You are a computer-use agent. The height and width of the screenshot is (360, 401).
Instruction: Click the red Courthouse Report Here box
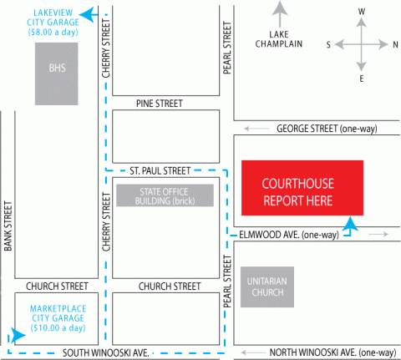coord(302,188)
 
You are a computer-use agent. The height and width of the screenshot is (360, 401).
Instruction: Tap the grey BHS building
coord(57,74)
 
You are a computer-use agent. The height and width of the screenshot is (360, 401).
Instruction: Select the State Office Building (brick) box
coord(165,195)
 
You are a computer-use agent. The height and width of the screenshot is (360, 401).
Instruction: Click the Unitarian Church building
coord(267,286)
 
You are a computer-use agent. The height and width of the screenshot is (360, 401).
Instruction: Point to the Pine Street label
coord(160,104)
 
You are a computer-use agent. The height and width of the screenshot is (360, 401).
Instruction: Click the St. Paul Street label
coord(160,170)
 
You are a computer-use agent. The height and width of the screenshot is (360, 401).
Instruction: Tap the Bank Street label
coord(8,226)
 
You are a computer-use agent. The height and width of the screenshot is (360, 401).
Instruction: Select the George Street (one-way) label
coord(327,129)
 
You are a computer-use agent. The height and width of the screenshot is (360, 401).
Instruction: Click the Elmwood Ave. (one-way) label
coord(289,235)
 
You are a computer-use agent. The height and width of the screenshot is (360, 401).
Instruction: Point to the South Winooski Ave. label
coord(106,353)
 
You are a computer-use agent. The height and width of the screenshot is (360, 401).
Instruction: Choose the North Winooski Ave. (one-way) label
coord(332,352)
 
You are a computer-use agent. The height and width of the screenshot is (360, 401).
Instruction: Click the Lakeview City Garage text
coord(53,23)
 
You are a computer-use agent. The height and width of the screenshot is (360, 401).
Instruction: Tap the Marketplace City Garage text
coord(58,318)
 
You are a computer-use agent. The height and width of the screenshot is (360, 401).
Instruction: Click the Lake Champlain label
coord(279,39)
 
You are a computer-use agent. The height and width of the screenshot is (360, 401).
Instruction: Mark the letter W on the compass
coord(362,12)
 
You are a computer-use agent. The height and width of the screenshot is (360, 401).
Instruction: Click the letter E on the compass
coord(362,79)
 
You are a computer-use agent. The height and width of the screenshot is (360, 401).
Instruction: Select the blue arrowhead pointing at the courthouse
coord(350,224)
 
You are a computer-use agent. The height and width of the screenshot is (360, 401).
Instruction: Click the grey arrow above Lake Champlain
coord(280,14)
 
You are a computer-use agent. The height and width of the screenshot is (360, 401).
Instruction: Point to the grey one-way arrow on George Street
coord(256,129)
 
